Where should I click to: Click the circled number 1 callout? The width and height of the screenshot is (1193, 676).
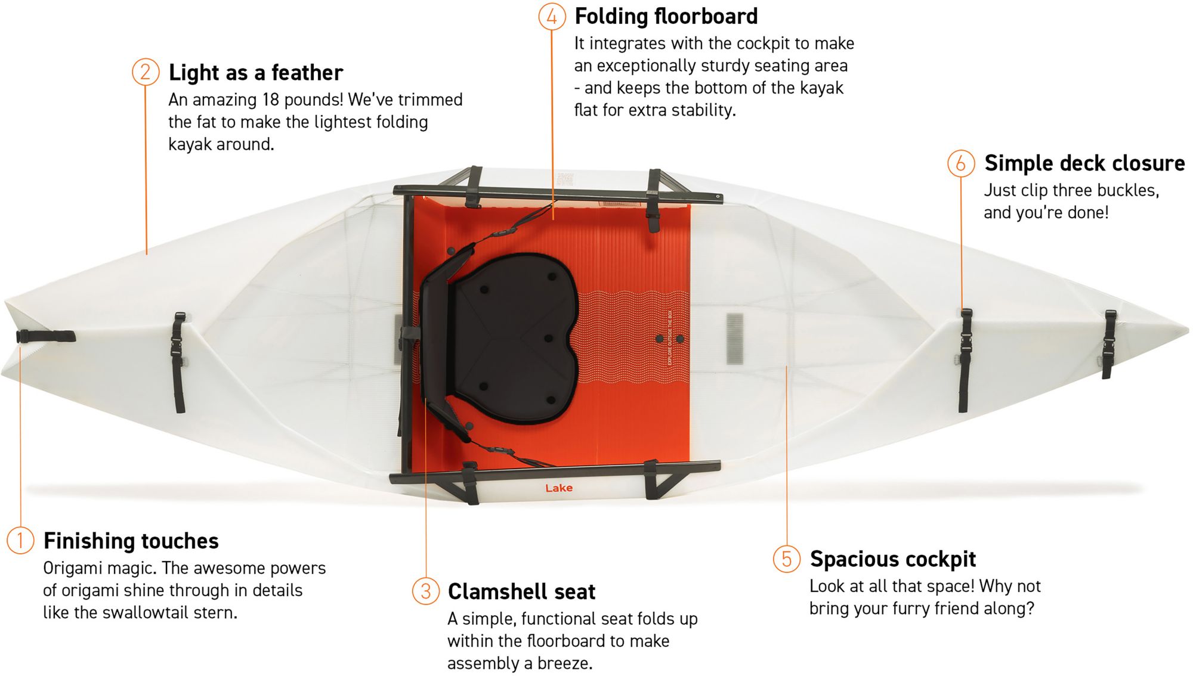pyautogui.click(x=20, y=540)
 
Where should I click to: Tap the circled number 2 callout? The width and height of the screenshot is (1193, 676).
pyautogui.click(x=146, y=72)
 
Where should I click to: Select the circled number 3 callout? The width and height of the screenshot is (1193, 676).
pyautogui.click(x=425, y=591)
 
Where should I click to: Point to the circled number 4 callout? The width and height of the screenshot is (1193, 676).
pyautogui.click(x=552, y=17)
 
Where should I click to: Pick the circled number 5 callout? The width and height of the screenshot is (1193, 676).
pyautogui.click(x=787, y=559)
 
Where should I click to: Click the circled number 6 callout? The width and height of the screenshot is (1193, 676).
pyautogui.click(x=961, y=163)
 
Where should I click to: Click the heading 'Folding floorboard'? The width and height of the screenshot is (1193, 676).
pyautogui.click(x=666, y=17)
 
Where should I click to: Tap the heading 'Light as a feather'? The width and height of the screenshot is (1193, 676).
pyautogui.click(x=256, y=73)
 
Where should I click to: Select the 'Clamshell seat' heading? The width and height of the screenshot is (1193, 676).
pyautogui.click(x=521, y=591)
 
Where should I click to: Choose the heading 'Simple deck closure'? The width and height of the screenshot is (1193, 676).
pyautogui.click(x=1084, y=163)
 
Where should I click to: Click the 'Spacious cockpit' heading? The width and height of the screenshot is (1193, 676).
pyautogui.click(x=892, y=559)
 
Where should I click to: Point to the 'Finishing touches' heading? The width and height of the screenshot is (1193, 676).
pyautogui.click(x=131, y=541)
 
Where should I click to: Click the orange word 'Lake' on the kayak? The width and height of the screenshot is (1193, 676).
pyautogui.click(x=559, y=488)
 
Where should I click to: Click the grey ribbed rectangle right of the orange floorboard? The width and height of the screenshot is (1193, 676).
pyautogui.click(x=735, y=338)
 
